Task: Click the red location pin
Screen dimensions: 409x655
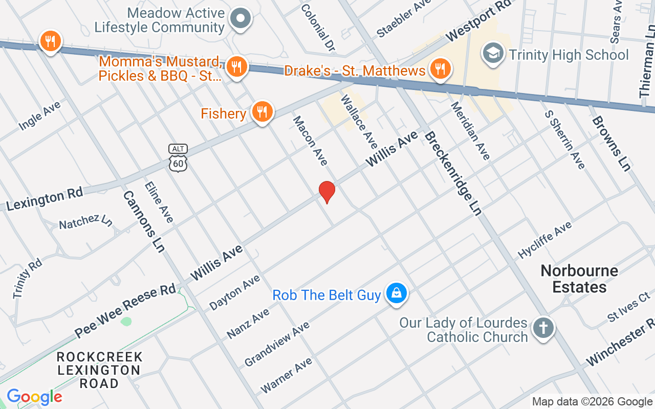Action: click(x=326, y=192)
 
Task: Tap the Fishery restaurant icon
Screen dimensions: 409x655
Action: click(x=262, y=112)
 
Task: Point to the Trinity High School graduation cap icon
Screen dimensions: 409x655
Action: click(x=493, y=54)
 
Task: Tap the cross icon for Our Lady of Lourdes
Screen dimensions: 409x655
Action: click(x=543, y=328)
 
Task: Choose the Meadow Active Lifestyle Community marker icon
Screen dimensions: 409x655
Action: click(x=239, y=19)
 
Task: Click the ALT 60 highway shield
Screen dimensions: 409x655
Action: click(x=178, y=157)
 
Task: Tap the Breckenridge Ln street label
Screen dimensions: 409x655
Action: click(x=453, y=174)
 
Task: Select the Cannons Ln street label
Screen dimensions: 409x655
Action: click(x=144, y=221)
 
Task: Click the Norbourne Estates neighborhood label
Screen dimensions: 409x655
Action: click(x=579, y=279)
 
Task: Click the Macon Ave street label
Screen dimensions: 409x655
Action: click(x=310, y=140)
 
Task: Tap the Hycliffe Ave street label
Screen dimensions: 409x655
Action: click(x=544, y=239)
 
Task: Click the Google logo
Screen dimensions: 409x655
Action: click(x=34, y=397)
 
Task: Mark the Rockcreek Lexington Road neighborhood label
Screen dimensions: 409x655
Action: click(x=99, y=370)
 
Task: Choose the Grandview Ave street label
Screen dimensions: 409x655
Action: click(x=277, y=344)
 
